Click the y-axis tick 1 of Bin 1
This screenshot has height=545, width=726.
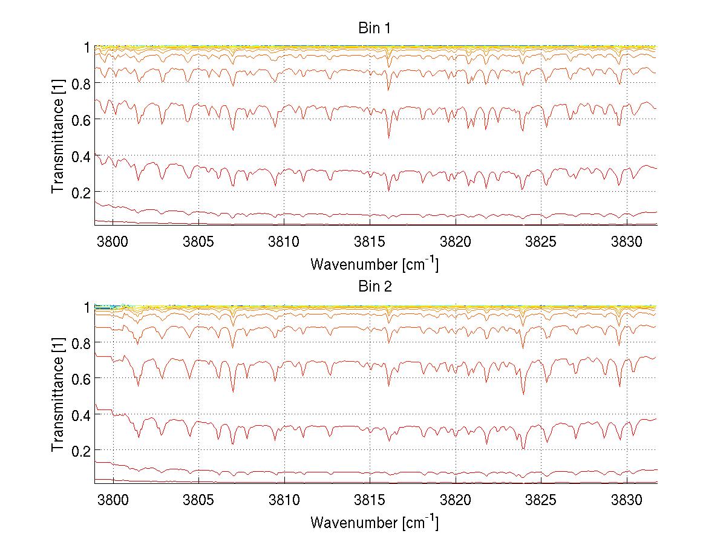[x=87, y=47]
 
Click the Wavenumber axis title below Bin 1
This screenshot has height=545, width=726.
[x=374, y=264]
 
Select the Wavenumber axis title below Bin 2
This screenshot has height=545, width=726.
[x=374, y=522]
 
